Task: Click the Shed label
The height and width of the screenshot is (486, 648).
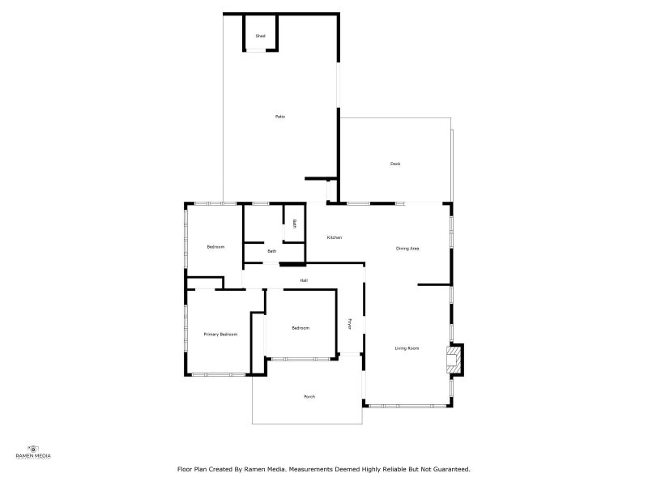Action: (260, 36)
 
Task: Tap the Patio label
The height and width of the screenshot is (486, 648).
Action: (279, 117)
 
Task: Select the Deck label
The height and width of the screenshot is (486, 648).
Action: (395, 164)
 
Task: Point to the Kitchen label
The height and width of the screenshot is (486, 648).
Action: (335, 237)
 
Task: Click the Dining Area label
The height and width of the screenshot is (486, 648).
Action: (407, 248)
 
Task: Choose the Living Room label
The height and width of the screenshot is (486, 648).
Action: (407, 348)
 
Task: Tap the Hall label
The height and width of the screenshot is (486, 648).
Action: (304, 280)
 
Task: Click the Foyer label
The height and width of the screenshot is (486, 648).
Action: (350, 323)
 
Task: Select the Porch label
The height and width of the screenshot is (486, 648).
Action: (309, 396)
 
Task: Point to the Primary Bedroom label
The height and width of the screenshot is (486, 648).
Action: (220, 334)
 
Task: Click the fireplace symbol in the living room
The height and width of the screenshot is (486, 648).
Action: (456, 359)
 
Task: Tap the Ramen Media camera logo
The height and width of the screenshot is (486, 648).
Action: (33, 448)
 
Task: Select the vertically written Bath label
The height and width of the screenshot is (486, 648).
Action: (295, 224)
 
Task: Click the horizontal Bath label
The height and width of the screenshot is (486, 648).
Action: (272, 251)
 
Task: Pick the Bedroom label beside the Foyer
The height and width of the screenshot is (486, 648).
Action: (301, 327)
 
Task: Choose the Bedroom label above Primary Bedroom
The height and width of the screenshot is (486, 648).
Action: (215, 246)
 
